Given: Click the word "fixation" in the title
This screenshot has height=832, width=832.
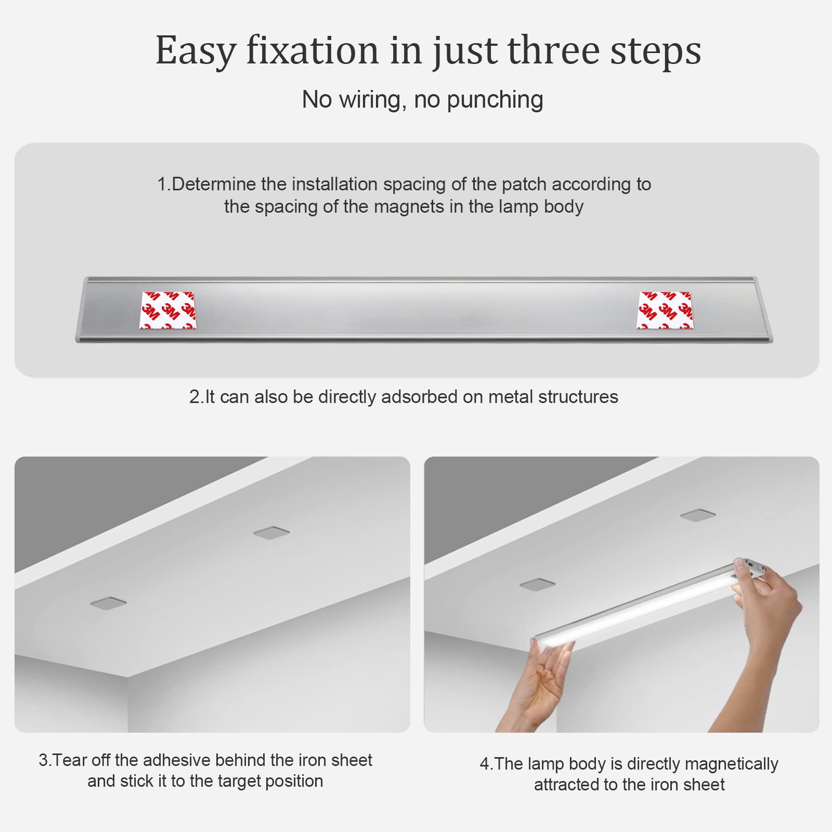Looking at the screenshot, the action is point(313,50).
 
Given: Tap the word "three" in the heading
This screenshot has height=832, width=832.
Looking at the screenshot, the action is point(554,50).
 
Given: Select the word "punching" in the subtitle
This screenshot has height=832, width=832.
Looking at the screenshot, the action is point(495,99).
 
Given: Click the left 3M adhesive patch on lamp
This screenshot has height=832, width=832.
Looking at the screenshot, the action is point(168,310).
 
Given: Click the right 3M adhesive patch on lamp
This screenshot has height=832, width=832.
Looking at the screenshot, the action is point(665,310).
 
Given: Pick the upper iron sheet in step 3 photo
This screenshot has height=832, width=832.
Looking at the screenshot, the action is point(271,532).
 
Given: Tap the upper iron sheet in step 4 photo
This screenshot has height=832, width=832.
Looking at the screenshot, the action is point(698,515).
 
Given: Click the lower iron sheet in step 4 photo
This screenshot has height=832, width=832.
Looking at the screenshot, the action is point(537,584).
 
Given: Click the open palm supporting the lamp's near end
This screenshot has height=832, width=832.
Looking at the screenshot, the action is point(541,676).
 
